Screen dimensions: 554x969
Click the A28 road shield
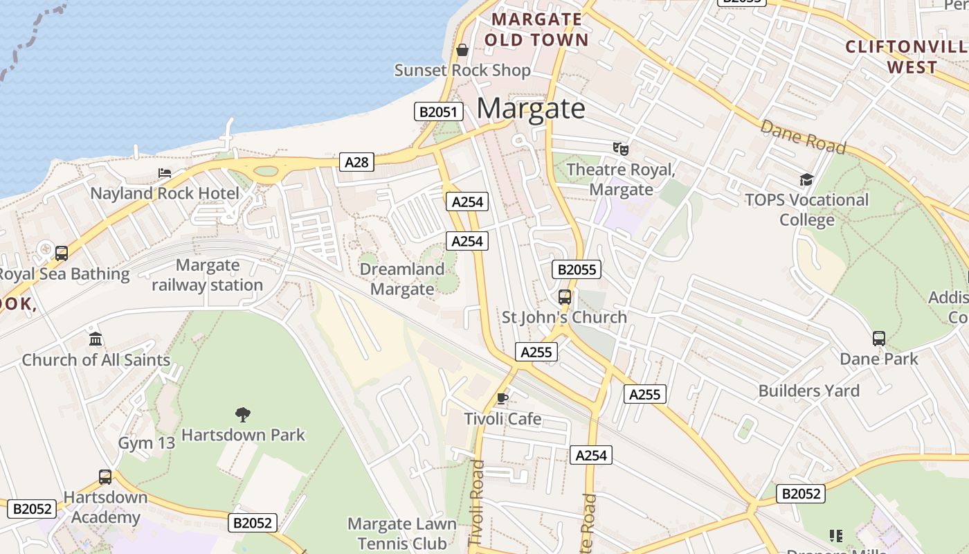356,162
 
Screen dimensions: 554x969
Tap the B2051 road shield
438,111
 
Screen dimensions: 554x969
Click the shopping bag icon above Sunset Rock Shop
462,50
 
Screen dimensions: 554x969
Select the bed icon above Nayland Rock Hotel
165,172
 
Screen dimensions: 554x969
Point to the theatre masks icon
620,148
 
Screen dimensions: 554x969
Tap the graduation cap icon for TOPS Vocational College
806,180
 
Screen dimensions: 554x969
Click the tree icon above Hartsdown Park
242,414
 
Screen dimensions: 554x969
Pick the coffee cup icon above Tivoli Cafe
502,398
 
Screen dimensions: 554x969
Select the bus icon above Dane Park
878,339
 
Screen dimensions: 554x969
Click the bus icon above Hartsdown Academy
105,476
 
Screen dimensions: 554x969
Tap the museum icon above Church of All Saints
96,339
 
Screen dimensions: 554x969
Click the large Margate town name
531,109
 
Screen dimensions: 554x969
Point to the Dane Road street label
803,136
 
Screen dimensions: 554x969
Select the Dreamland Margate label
402,279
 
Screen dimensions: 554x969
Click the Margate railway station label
208,275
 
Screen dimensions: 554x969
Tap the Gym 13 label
147,443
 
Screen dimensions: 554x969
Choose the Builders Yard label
808,391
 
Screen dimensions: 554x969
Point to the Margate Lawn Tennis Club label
401,534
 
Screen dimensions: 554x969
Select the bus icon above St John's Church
565,297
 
